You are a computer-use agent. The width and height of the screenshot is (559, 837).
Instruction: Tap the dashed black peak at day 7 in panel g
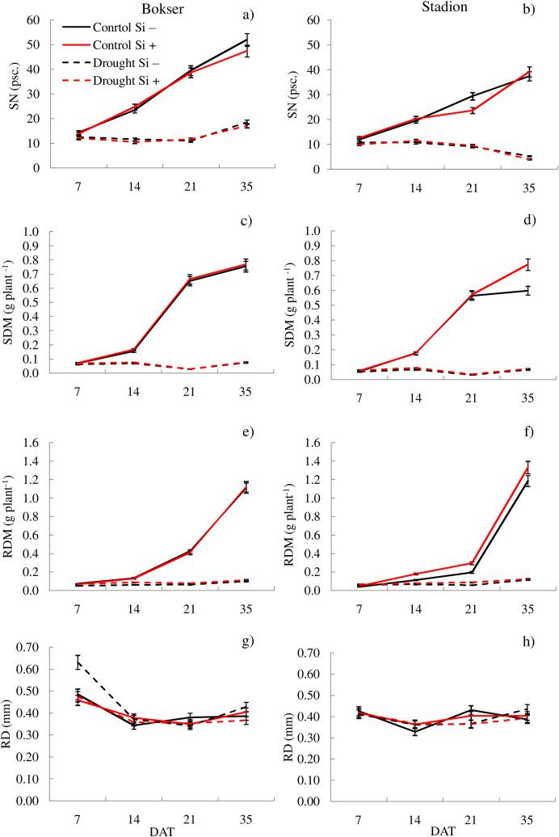click(x=78, y=662)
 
